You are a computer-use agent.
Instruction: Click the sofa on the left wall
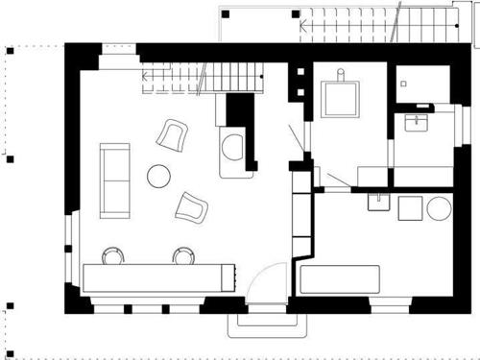[x=114, y=178]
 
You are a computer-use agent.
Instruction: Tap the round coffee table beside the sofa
[x=157, y=176]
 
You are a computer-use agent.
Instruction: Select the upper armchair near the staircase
[x=173, y=135]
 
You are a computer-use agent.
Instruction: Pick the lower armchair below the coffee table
[x=191, y=205]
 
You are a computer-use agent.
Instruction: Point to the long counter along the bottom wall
[x=158, y=277]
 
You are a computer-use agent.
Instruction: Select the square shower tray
[x=341, y=97]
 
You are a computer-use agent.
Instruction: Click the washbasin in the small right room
[x=418, y=123]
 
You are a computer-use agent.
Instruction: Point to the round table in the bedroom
[x=440, y=208]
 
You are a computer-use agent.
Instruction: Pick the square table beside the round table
[x=411, y=207]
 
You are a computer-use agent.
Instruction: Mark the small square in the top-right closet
[x=403, y=84]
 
